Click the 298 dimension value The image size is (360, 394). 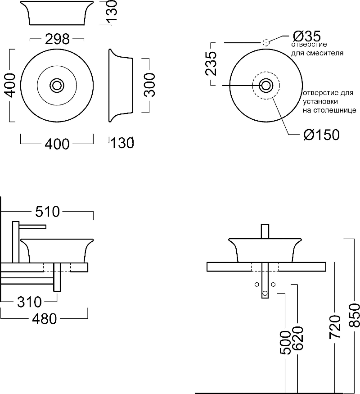point(57,40)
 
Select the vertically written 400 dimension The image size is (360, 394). point(11,85)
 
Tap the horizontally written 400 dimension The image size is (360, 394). point(57,144)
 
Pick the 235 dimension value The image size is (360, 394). point(212,63)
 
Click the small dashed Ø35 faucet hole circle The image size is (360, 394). point(265,43)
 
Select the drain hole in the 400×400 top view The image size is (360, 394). point(57,85)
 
